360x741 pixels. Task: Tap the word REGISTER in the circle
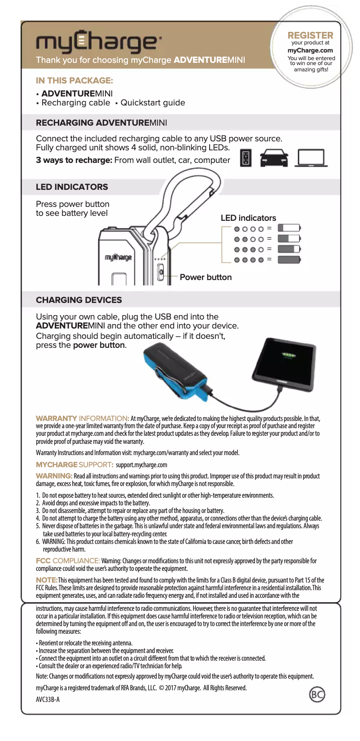(310, 35)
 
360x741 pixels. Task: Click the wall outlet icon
(246, 158)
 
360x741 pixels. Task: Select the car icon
(274, 158)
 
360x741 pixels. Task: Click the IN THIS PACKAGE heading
(75, 81)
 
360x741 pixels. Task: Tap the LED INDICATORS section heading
(72, 187)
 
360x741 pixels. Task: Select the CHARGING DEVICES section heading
(79, 300)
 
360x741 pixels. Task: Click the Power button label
(206, 277)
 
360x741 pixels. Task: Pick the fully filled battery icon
(289, 259)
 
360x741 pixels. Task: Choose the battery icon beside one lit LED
(289, 228)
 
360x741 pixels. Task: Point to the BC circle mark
(317, 695)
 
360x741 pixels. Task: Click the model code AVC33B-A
(48, 699)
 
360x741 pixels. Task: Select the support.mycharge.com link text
(141, 465)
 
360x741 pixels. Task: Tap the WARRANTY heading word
(57, 418)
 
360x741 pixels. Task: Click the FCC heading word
(43, 561)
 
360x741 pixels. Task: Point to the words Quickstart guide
(153, 103)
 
